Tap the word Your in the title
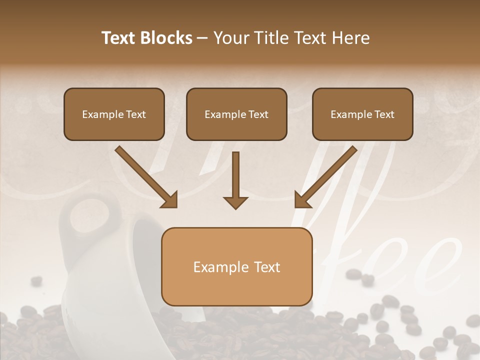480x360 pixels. pyautogui.click(x=230, y=38)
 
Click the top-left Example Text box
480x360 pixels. pyautogui.click(x=114, y=114)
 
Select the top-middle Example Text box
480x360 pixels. pyautogui.click(x=236, y=114)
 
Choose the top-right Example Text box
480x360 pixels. pyautogui.click(x=362, y=114)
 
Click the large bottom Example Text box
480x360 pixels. pyautogui.click(x=236, y=266)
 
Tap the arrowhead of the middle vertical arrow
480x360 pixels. pyautogui.click(x=235, y=201)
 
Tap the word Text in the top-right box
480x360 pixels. pyautogui.click(x=384, y=114)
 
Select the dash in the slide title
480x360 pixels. pyautogui.click(x=202, y=38)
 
